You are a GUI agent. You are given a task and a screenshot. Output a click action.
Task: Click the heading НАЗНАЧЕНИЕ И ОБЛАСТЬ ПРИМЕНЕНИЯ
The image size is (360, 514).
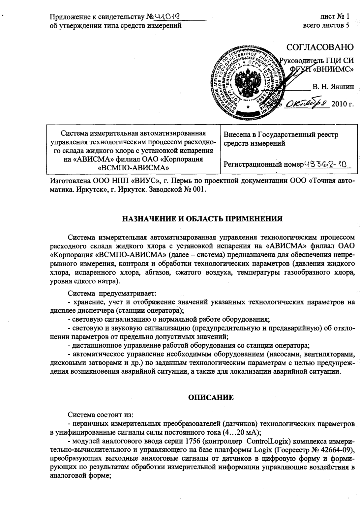[202, 219]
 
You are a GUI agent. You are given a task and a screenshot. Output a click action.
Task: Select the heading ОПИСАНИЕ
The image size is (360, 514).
[211, 397]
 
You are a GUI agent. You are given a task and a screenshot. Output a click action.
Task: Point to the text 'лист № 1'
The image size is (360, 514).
[335, 16]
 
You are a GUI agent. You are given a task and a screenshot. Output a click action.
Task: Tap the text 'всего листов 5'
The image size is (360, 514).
[326, 25]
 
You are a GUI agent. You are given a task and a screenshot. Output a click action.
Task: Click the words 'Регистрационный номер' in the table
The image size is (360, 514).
[263, 164]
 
